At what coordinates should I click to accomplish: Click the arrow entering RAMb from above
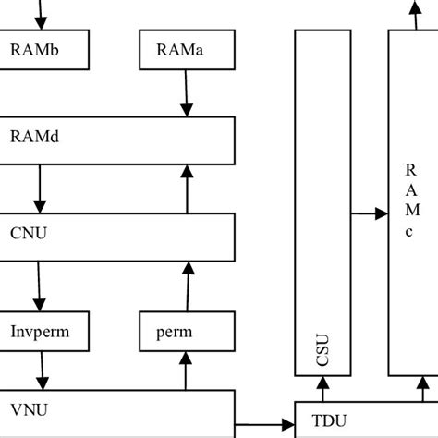[x=40, y=14]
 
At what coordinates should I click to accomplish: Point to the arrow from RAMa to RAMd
[x=187, y=94]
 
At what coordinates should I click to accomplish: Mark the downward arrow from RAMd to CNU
[x=40, y=189]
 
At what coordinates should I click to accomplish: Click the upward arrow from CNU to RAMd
[x=187, y=189]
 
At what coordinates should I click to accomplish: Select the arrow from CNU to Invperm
[x=40, y=286]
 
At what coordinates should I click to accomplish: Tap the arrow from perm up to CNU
[x=187, y=286]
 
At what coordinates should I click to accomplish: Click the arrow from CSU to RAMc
[x=370, y=214]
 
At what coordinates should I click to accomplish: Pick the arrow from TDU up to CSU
[x=322, y=389]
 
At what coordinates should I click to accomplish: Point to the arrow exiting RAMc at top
[x=411, y=14]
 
